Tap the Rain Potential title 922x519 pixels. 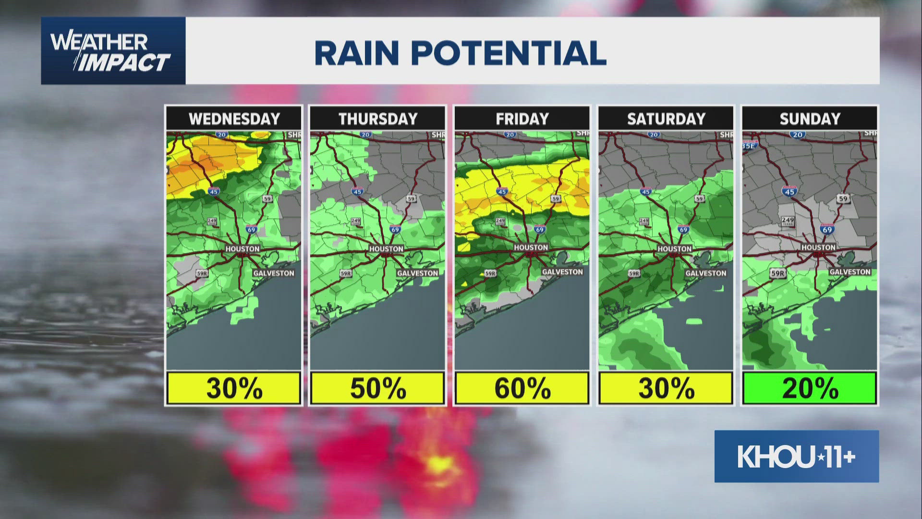pyautogui.click(x=460, y=53)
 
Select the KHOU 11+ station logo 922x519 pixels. pyautogui.click(x=796, y=457)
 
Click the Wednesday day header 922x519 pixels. pyautogui.click(x=234, y=119)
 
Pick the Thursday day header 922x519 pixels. pyautogui.click(x=378, y=119)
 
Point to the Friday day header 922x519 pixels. pyautogui.click(x=522, y=119)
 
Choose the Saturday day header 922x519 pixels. pyautogui.click(x=666, y=119)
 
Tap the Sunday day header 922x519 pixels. pyautogui.click(x=810, y=119)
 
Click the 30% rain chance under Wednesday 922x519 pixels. pyautogui.click(x=234, y=388)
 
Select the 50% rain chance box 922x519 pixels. pyautogui.click(x=378, y=388)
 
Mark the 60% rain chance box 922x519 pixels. pyautogui.click(x=522, y=388)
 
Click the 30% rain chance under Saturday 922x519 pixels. pyautogui.click(x=666, y=388)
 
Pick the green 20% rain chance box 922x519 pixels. pyautogui.click(x=810, y=388)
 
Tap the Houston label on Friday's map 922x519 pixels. pyautogui.click(x=531, y=247)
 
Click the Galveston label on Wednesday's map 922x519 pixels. pyautogui.click(x=274, y=273)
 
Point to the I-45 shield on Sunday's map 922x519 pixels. pyautogui.click(x=789, y=191)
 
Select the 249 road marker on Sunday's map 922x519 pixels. pyautogui.click(x=788, y=221)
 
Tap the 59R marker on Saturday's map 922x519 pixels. pyautogui.click(x=634, y=273)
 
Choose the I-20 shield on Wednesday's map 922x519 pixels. pyautogui.click(x=221, y=135)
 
